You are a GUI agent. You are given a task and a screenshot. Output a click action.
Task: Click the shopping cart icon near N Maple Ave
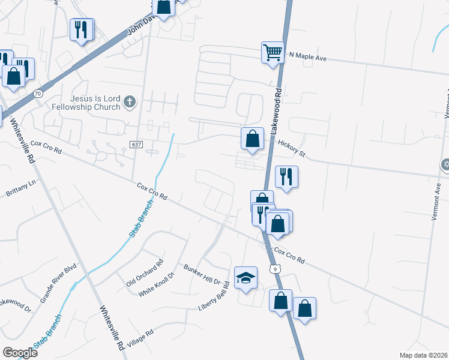[273, 52]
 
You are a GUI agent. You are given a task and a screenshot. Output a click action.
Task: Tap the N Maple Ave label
[307, 55]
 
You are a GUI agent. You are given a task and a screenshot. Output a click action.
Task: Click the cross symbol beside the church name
[129, 103]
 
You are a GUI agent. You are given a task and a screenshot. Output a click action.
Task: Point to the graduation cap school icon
[246, 277]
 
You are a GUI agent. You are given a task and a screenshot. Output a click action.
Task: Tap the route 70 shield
[38, 94]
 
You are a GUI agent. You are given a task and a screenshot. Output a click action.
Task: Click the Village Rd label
[140, 340]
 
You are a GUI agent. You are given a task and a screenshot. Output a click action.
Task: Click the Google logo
[20, 352]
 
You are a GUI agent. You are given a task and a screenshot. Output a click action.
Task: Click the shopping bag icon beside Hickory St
[253, 139]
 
